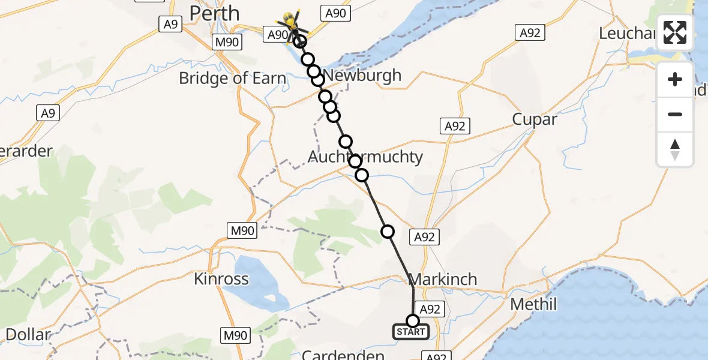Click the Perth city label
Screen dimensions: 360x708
[x=214, y=13]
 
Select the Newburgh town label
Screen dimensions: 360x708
[x=363, y=76]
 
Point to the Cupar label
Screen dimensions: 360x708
[x=535, y=119]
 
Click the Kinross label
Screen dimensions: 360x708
[x=221, y=279]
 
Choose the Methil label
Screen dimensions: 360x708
[x=533, y=304]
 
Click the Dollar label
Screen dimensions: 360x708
[x=28, y=335]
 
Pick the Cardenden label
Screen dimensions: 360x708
[x=343, y=355]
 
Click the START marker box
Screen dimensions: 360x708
[x=411, y=332]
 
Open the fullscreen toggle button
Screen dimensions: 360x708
[x=675, y=32]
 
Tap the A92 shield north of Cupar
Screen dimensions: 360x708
[x=530, y=33]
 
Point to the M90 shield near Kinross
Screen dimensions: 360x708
[x=242, y=230]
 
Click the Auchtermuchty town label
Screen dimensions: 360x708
[x=365, y=157]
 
